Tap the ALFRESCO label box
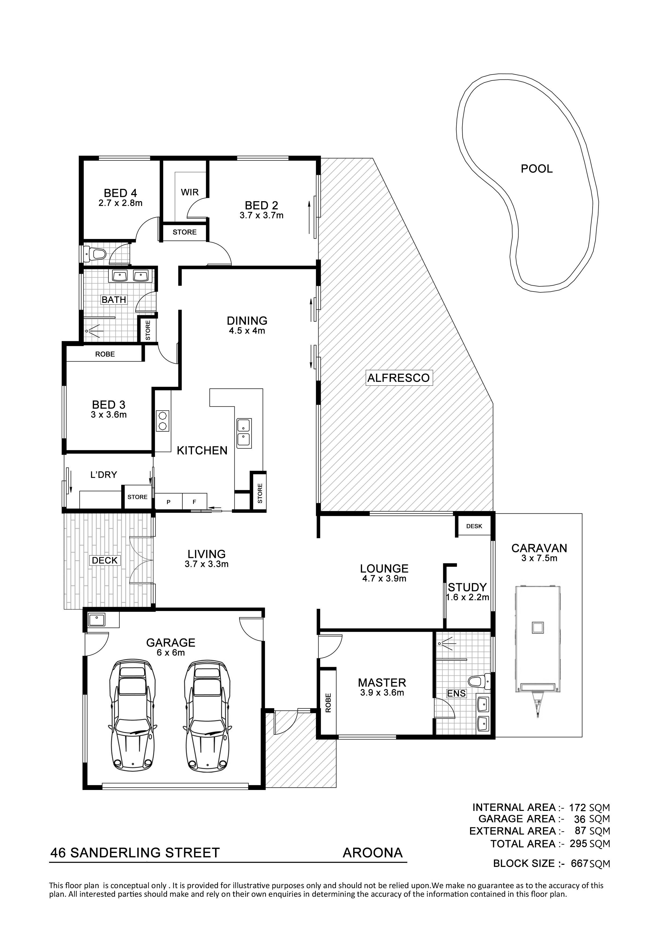tap(398, 377)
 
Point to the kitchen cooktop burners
tap(162, 421)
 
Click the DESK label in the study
tap(474, 526)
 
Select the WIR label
tap(190, 192)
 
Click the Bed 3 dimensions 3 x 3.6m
tap(109, 415)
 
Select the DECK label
tap(105, 560)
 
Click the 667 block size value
tap(579, 863)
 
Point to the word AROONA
tap(372, 853)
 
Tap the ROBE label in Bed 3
tap(105, 354)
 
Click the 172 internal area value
tap(578, 807)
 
